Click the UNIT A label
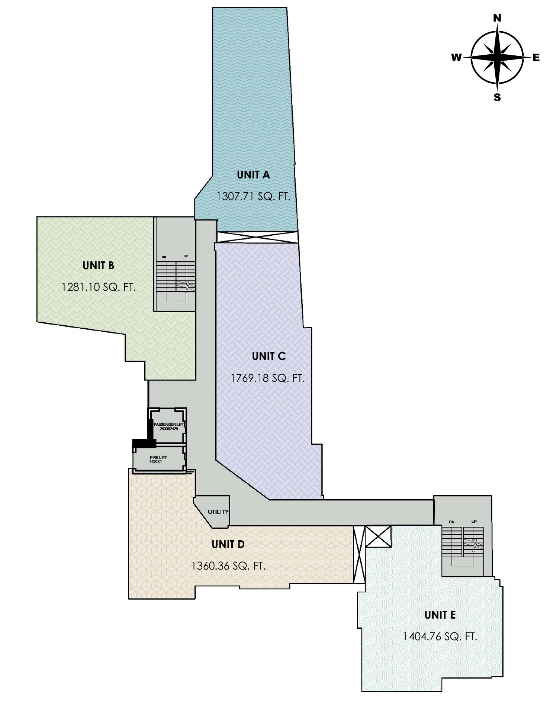pos(253,175)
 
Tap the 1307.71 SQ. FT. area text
pos(253,196)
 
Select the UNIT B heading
pos(98,265)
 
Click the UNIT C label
pos(268,356)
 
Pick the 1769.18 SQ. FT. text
pos(267,378)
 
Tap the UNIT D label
pos(228,544)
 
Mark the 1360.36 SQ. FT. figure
pos(228,566)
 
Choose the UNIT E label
pos(440,615)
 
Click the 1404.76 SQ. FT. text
pos(440,636)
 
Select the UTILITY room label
pos(218,512)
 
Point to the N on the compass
pos(497,18)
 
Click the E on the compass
pos(536,57)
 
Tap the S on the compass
pos(497,97)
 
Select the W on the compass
pos(456,57)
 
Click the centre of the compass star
pos(497,57)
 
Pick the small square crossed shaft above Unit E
pos(378,536)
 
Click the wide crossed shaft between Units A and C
pos(257,237)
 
